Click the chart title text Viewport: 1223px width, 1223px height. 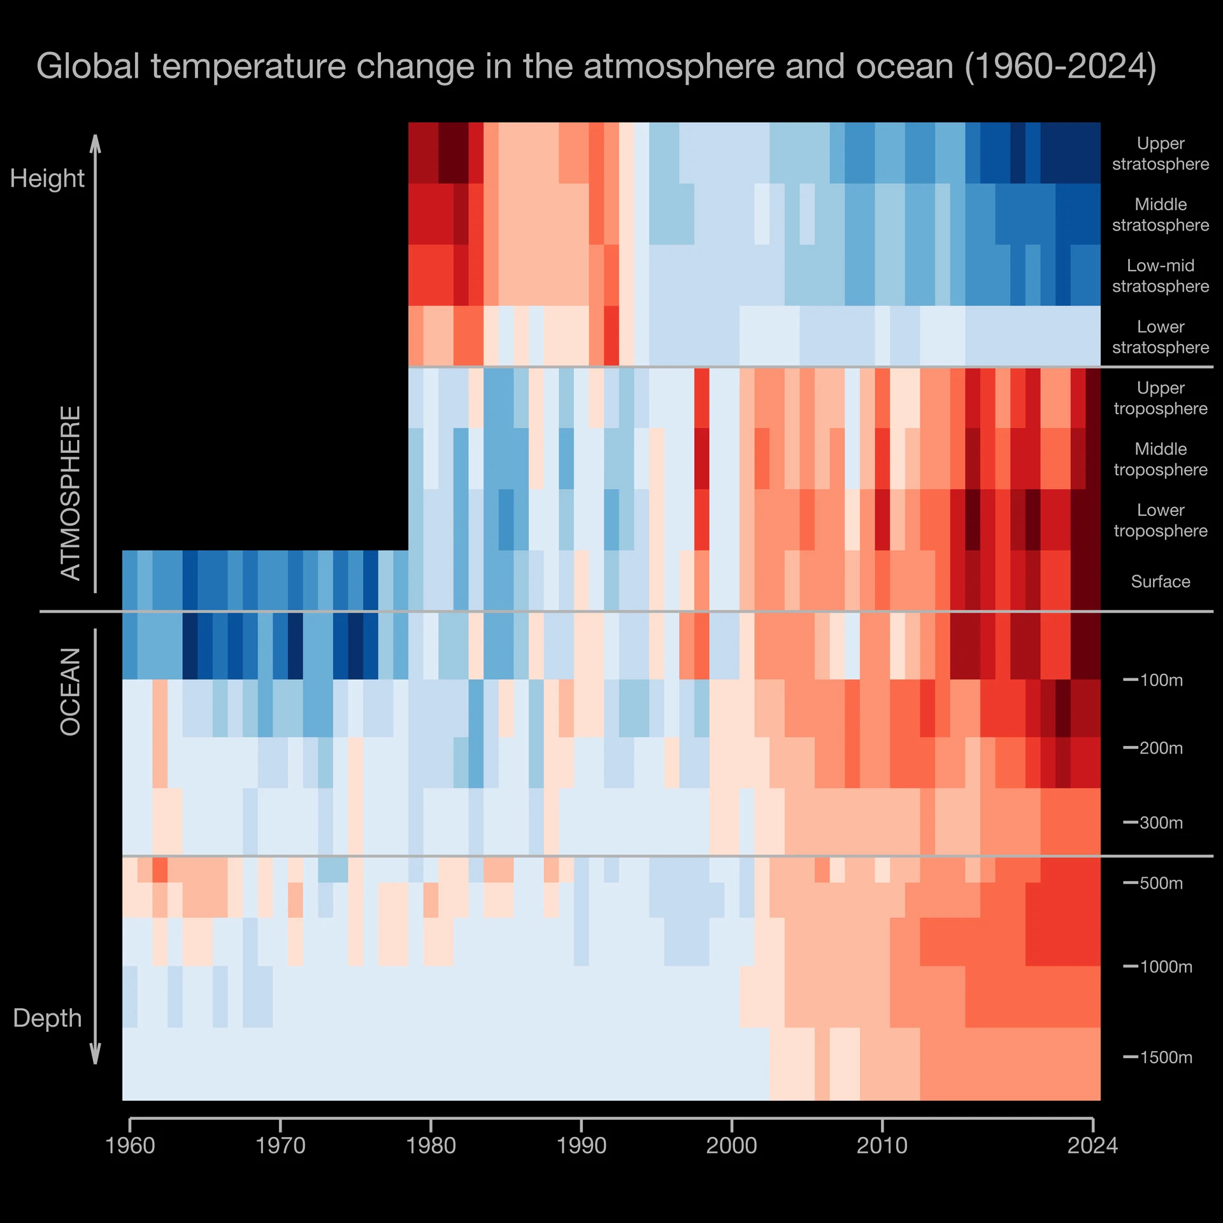coord(596,66)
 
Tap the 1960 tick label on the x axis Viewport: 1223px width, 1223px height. coord(130,1146)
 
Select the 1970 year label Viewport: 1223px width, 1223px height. coord(280,1146)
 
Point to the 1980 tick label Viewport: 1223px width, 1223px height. coord(431,1146)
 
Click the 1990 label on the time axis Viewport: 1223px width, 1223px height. coord(582,1146)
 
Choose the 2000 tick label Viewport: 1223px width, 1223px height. coord(732,1146)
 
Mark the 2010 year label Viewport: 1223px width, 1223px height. coord(882,1146)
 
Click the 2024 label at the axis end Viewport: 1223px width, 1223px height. coord(1092,1146)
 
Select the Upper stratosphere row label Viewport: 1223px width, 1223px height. coord(1161,154)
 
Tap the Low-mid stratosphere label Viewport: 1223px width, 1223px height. coord(1161,276)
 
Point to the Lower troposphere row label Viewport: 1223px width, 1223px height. coord(1161,520)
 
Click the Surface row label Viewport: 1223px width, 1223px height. coord(1161,582)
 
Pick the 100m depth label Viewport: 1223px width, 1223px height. coord(1161,680)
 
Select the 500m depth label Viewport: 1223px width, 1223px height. coord(1161,883)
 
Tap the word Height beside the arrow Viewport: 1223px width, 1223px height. coord(47,178)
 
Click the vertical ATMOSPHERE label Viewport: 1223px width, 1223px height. coord(71,493)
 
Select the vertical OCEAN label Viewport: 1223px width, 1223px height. coord(71,692)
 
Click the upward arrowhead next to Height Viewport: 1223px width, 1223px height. coord(96,143)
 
